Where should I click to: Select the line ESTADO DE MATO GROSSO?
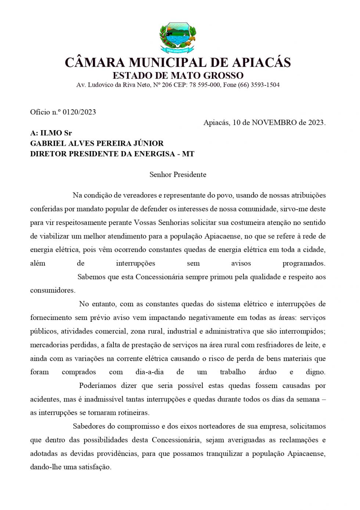178,76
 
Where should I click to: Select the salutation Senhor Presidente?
178,175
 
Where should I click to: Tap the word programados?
304,263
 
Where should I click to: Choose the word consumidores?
52,290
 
